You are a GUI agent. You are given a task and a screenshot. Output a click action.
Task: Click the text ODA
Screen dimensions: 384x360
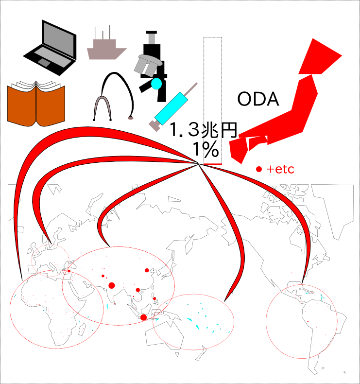tap(258, 99)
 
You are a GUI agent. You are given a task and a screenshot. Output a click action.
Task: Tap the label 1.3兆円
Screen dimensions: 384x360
tap(203, 130)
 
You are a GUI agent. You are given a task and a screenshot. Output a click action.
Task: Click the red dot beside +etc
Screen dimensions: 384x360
tap(259, 169)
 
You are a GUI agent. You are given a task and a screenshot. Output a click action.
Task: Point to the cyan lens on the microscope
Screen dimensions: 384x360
tap(156, 84)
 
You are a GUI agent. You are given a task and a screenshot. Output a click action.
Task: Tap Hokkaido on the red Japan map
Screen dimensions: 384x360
tap(319, 56)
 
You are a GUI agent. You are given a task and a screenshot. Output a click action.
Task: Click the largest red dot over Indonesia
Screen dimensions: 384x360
tap(143, 317)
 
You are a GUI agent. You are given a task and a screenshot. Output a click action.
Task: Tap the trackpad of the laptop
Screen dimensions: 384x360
tap(44, 62)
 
